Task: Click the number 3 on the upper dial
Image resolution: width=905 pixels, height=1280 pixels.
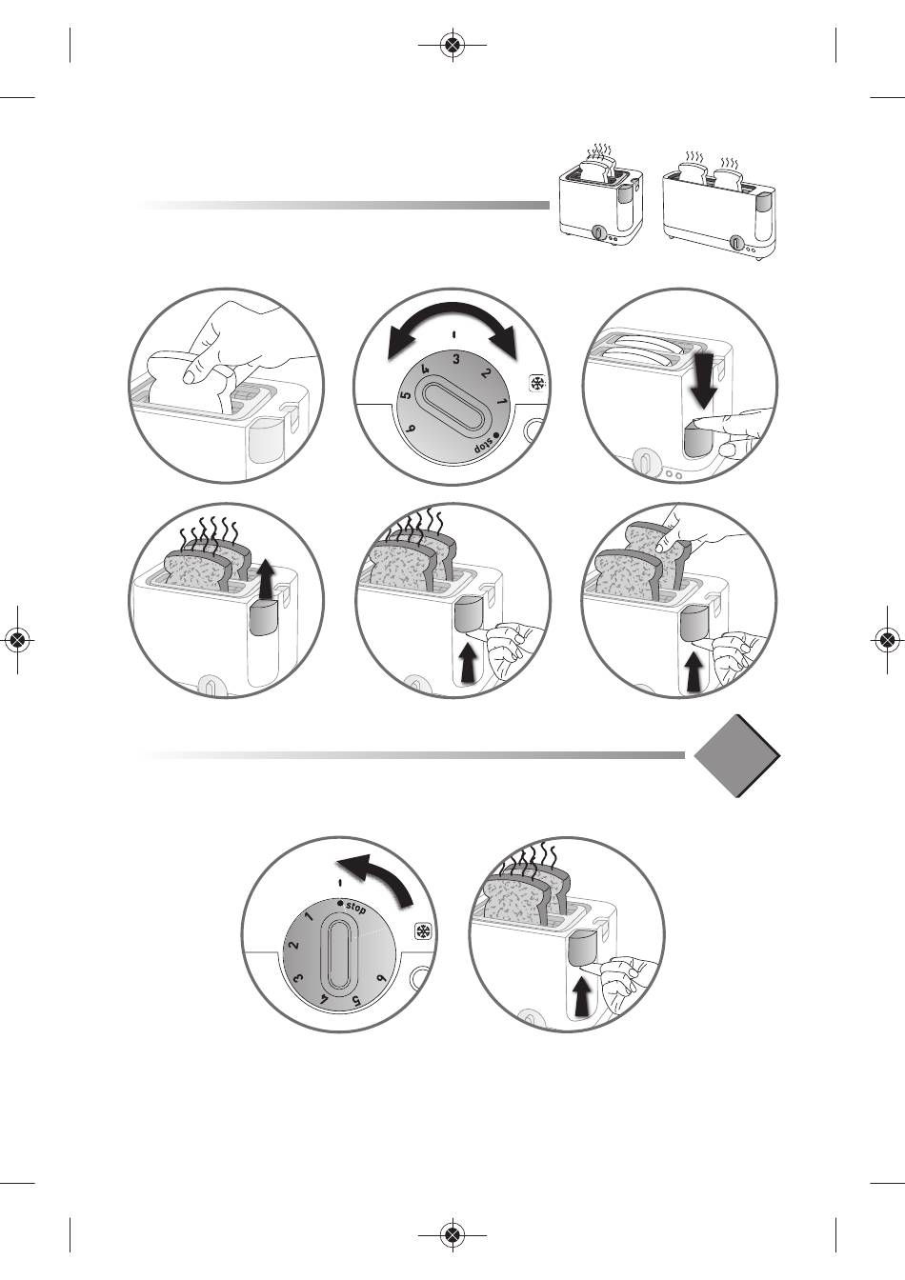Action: (x=456, y=359)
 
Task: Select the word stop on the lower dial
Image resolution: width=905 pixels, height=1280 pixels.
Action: (x=353, y=908)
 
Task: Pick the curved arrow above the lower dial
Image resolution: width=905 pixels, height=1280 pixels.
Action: (x=378, y=874)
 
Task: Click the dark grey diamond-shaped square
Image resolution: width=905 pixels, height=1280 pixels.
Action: (x=736, y=755)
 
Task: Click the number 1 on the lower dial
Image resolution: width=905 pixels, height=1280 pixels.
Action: (x=309, y=918)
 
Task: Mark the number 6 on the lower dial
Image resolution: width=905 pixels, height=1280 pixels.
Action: (x=381, y=978)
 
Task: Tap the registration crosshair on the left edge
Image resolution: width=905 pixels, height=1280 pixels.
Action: (x=17, y=640)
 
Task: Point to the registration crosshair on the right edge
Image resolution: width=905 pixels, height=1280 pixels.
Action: (x=887, y=640)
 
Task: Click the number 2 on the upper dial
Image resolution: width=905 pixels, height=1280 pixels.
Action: (x=486, y=372)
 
